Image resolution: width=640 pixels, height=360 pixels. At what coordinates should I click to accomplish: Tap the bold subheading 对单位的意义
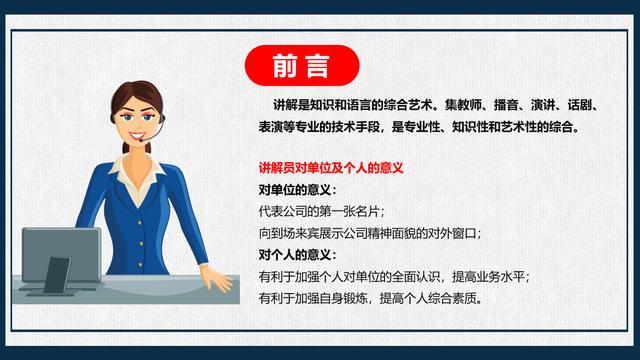pyautogui.click(x=297, y=190)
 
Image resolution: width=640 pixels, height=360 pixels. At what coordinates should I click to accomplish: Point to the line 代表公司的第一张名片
pyautogui.click(x=321, y=212)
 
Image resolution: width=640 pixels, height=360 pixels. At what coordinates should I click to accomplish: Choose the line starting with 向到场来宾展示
pyautogui.click(x=369, y=233)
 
